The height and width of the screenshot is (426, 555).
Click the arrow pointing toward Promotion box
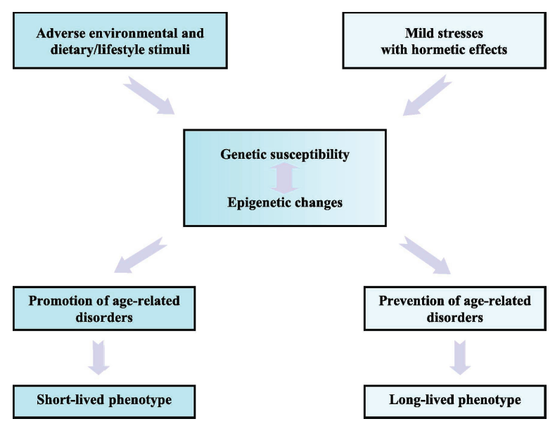tap(140, 254)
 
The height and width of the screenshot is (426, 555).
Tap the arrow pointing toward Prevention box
tap(425, 255)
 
